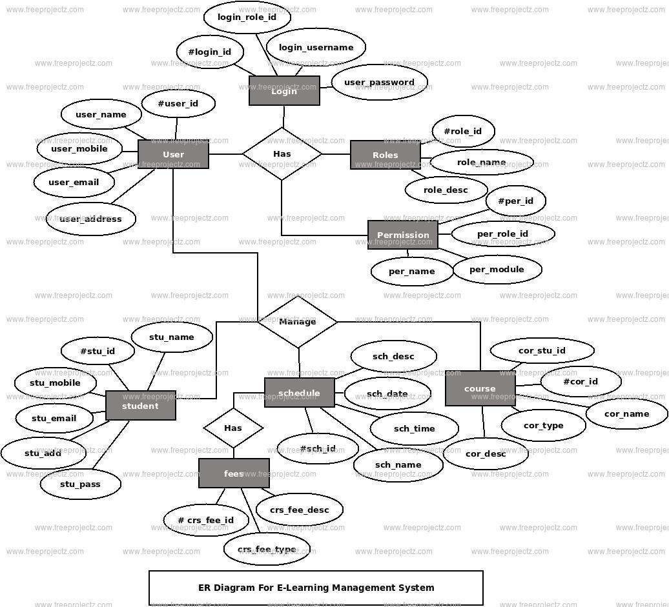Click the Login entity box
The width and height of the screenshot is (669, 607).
(284, 91)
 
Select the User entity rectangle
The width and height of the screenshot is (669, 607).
(173, 155)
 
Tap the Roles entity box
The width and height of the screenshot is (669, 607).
(385, 155)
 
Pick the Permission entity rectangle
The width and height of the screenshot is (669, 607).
(403, 235)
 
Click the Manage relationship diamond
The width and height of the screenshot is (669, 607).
(298, 321)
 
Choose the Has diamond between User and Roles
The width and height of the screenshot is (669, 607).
(282, 154)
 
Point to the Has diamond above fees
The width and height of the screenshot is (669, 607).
(233, 428)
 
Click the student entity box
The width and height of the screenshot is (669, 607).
(140, 406)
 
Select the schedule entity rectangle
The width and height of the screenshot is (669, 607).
(299, 393)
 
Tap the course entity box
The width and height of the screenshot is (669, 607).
(480, 388)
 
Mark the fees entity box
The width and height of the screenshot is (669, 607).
(234, 473)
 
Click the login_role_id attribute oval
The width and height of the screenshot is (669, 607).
(247, 17)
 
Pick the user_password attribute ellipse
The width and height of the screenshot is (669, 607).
(379, 82)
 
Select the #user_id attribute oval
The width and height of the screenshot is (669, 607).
(178, 103)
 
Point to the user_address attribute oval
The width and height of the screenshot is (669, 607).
(90, 219)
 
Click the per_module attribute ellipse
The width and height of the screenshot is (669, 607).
(497, 269)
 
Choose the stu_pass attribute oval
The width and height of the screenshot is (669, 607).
(80, 484)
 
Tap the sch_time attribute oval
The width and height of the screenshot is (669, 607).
(414, 428)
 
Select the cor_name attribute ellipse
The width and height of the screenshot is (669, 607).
(626, 413)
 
